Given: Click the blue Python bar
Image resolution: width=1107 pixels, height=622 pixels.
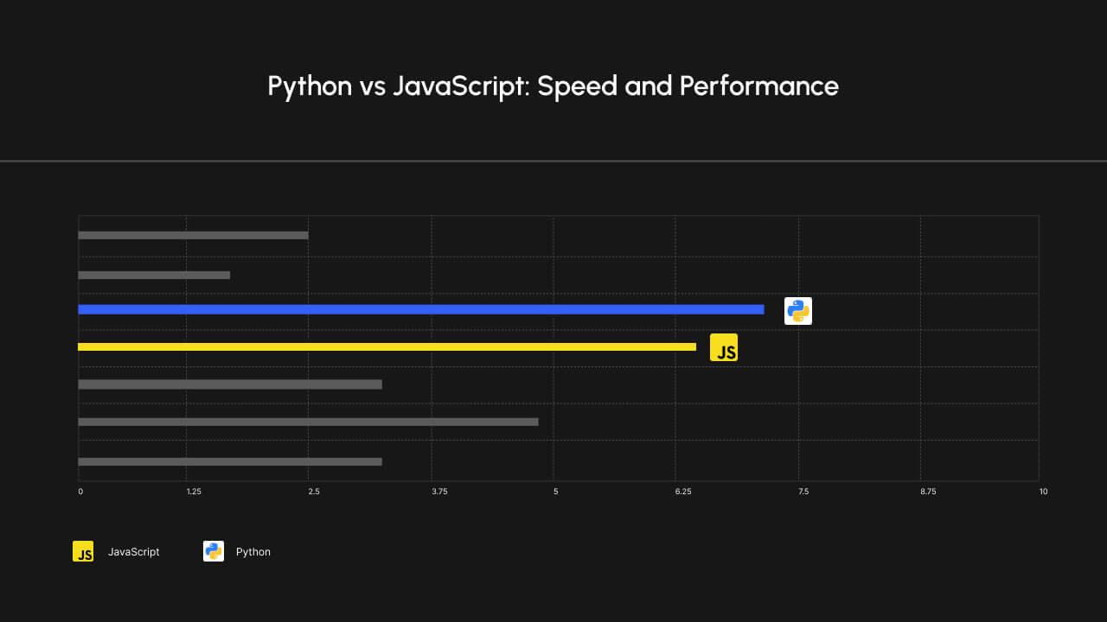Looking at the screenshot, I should pos(420,309).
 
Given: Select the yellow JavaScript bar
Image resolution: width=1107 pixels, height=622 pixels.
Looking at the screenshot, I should pos(387,346).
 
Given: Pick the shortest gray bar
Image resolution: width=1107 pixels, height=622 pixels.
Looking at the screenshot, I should pos(154,275).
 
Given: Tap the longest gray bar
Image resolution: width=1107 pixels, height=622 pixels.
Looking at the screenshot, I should pos(308,422).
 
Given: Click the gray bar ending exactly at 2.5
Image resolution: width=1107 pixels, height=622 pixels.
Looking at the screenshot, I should pos(193,235).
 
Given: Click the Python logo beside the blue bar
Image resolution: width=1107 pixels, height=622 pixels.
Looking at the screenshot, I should pos(797,311).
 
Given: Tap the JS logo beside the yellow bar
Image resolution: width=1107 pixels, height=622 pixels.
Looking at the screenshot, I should pos(724,347).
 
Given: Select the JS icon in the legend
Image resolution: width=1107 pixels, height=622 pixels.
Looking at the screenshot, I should pos(83,551).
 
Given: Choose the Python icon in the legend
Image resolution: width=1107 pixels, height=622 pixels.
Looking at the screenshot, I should pos(214,551).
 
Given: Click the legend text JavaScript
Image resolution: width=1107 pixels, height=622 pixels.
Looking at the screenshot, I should pos(134,552).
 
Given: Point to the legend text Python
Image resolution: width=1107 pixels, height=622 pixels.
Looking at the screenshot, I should pos(253,552).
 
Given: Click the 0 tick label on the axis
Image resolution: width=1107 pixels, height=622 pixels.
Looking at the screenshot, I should pos(80,492).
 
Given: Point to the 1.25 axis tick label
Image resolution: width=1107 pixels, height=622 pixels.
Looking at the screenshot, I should pos(194,492).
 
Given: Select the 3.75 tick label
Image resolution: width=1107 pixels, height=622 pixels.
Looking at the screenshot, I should pos(439,492).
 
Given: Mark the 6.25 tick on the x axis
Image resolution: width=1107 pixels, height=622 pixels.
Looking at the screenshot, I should pos(683,492).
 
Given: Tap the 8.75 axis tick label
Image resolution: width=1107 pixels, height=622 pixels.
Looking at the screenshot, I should pos(928,492).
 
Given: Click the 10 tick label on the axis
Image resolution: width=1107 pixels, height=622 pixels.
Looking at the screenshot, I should pos(1043,492).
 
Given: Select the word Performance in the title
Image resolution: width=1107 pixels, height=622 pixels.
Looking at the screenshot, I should pos(758,86).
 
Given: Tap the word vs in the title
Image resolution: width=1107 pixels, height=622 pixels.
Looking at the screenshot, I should pos(372,86).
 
